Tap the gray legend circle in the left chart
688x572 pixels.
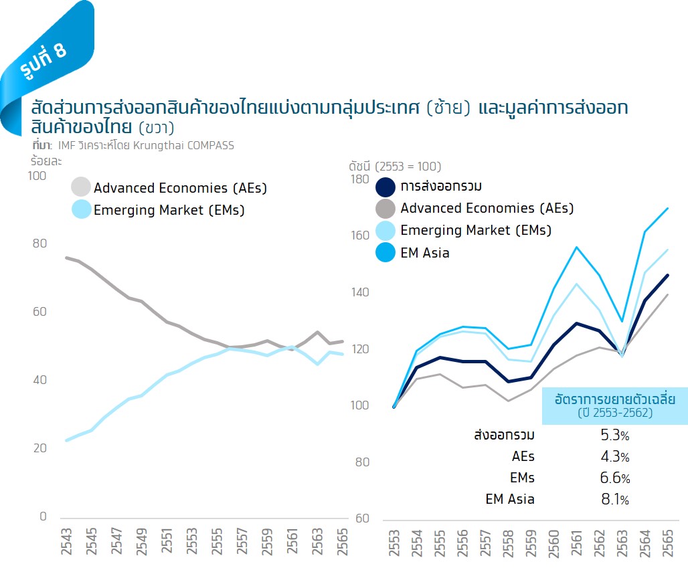point(80,188)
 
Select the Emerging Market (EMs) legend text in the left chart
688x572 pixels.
point(169,210)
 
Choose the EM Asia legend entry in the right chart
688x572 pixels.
point(424,253)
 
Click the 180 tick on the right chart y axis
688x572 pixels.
point(360,179)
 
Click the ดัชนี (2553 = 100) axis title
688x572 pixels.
point(395,166)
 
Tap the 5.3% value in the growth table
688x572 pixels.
point(614,436)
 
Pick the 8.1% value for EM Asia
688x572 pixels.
point(614,499)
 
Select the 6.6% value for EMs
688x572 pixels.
point(614,478)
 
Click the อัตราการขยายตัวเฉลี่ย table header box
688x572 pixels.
point(615,405)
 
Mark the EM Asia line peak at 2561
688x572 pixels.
point(576,247)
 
